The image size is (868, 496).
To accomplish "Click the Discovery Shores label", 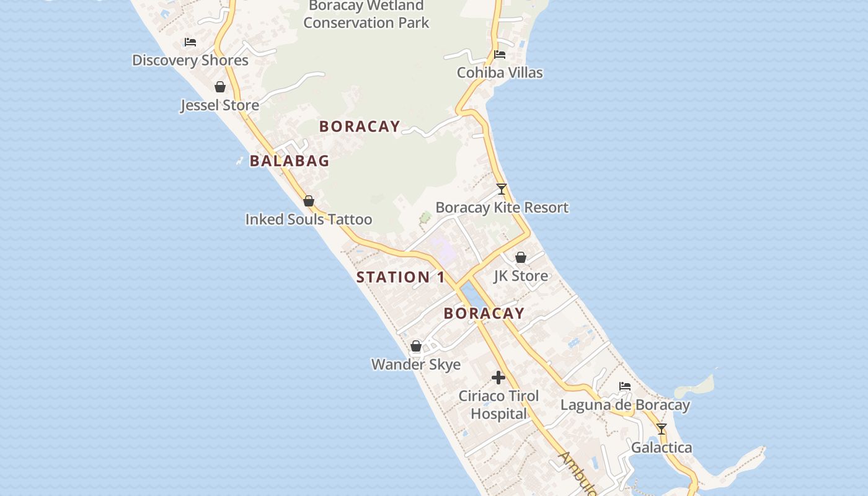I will coord(190,60).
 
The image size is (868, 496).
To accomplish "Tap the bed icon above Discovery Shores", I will coord(190,42).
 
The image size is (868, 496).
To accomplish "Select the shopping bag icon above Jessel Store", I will coord(220,87).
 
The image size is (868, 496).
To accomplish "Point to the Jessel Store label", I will coord(219,105).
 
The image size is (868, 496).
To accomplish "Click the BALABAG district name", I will coord(290,161).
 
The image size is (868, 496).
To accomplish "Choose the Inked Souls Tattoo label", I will coord(309,219).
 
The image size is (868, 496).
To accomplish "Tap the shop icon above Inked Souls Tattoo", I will coord(309,201).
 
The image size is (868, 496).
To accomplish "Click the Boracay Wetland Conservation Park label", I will coord(366,14).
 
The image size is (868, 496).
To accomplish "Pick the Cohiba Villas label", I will coord(500,73).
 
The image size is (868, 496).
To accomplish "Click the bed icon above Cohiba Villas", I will coord(500,55).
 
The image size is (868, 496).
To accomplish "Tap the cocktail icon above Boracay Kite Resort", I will coord(502,189).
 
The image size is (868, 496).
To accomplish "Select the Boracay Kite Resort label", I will coord(502,208).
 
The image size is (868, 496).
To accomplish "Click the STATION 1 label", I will coord(401,277).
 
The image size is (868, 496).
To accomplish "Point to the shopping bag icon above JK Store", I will coord(521,257).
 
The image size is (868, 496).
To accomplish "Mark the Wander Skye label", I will coord(416,364).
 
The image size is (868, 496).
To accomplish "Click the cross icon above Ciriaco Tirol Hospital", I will coord(498,377).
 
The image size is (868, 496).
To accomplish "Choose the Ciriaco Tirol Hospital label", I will coord(498,405).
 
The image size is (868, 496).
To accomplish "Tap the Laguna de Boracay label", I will coord(625,405).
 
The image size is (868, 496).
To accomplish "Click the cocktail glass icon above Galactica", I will coord(662,429).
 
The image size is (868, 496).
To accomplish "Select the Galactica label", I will coord(662,448).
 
